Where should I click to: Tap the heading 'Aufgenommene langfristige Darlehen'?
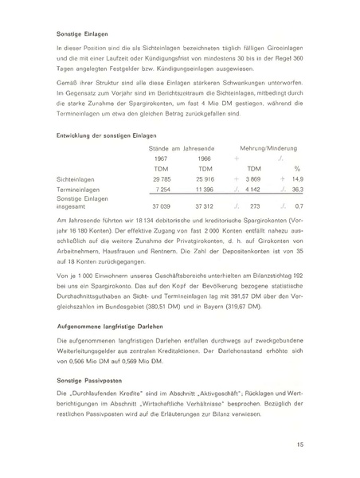(x=108, y=326)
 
